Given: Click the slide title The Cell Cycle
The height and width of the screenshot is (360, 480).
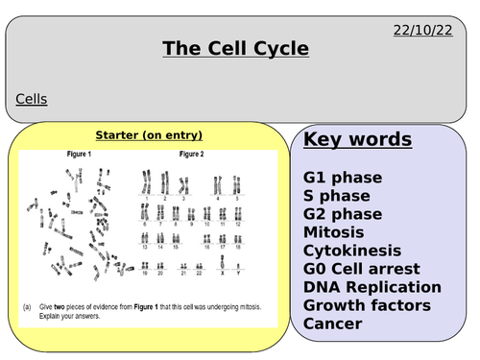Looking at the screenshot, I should [235, 47].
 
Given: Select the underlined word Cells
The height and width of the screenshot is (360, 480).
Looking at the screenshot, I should [32, 98].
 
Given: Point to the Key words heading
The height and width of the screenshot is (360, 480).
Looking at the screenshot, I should [358, 140].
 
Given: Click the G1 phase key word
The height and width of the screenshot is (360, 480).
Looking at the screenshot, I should [343, 178].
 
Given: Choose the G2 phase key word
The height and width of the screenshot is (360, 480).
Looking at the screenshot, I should [343, 214].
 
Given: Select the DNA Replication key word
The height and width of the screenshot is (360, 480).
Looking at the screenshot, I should [372, 287].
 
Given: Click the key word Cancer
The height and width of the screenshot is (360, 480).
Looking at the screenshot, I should [333, 324].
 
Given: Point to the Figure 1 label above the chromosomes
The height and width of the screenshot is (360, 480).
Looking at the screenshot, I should [73, 154].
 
